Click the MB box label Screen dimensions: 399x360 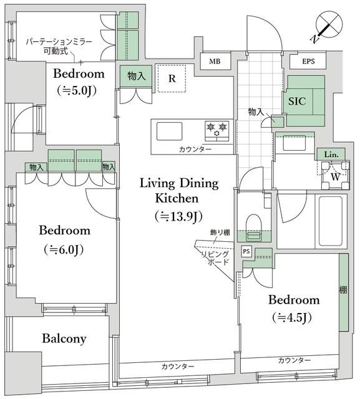coord(215,62)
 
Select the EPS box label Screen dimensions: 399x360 coord(308,62)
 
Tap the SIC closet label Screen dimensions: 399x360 coord(296,99)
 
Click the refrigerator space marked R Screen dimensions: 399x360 coord(172,79)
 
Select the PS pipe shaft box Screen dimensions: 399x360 coord(246,251)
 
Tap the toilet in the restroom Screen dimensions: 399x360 coord(254,223)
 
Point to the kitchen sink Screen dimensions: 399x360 coord(169,132)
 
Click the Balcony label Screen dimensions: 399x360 coord(64,339)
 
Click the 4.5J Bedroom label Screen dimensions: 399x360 coord(294,308)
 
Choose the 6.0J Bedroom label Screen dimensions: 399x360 coord(64,239)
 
